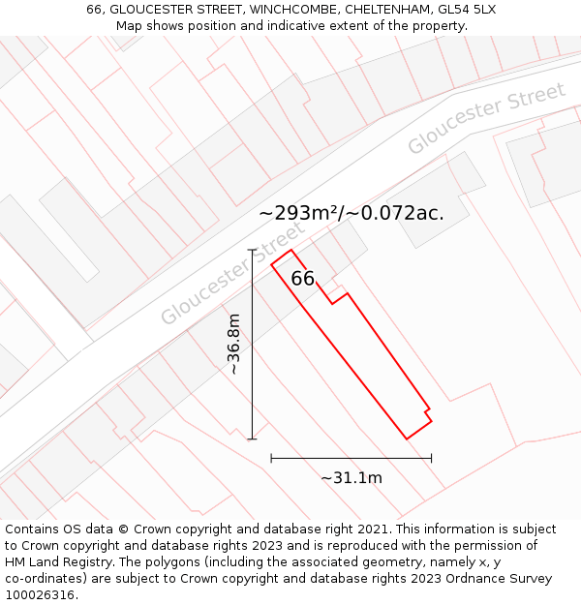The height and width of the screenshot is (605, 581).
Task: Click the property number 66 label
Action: pyautogui.click(x=303, y=279)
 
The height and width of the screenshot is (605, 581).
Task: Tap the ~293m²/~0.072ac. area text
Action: pyautogui.click(x=352, y=214)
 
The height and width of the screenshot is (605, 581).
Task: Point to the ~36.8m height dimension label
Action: pyautogui.click(x=233, y=344)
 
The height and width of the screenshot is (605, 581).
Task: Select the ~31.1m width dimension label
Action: pyautogui.click(x=351, y=477)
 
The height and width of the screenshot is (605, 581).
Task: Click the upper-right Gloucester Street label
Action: pyautogui.click(x=486, y=118)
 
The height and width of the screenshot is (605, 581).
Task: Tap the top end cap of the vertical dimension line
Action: pyautogui.click(x=252, y=250)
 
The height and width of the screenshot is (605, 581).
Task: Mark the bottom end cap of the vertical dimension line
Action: pyautogui.click(x=252, y=439)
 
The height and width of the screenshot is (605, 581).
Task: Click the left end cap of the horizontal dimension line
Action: pyautogui.click(x=271, y=457)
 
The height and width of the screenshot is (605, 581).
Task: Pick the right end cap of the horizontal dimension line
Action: pyautogui.click(x=432, y=457)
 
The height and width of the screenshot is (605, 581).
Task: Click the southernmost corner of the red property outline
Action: pyautogui.click(x=407, y=439)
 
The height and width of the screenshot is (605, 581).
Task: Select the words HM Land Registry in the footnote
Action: pyautogui.click(x=54, y=562)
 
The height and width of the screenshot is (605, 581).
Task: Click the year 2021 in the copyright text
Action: pyautogui.click(x=374, y=529)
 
